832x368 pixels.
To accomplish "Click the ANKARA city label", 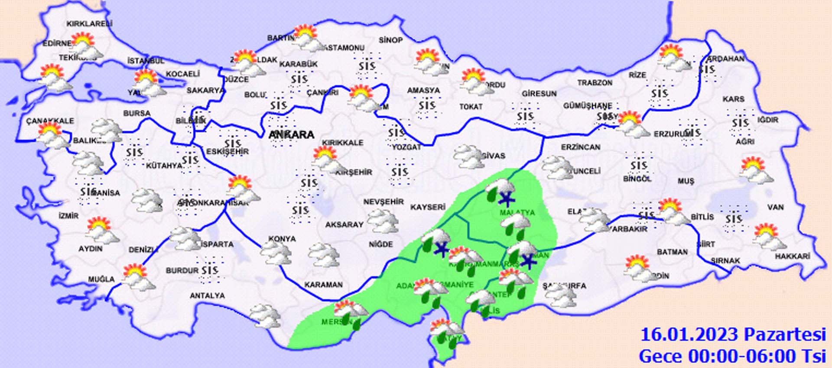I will click(291, 135).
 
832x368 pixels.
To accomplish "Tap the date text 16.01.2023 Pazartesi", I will click(733, 335).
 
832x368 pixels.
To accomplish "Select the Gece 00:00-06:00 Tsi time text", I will click(732, 356).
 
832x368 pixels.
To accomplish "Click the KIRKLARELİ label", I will click(89, 24).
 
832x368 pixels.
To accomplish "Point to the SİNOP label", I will click(390, 40).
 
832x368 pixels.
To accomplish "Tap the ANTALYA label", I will click(207, 296).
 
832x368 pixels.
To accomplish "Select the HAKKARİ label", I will click(792, 257).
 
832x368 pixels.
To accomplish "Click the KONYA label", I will click(282, 239).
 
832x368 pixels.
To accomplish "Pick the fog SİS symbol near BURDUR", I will click(210, 270).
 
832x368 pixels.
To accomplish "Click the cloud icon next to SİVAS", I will click(469, 157).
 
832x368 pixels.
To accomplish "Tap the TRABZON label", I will click(595, 82).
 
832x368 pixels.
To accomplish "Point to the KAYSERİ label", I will click(428, 207).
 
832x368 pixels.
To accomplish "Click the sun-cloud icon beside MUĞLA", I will click(138, 277).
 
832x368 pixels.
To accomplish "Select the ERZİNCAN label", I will click(581, 147).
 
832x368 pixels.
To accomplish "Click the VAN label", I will click(775, 207).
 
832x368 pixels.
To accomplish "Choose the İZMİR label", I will click(68, 215).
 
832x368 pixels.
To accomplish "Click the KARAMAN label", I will click(323, 285).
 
